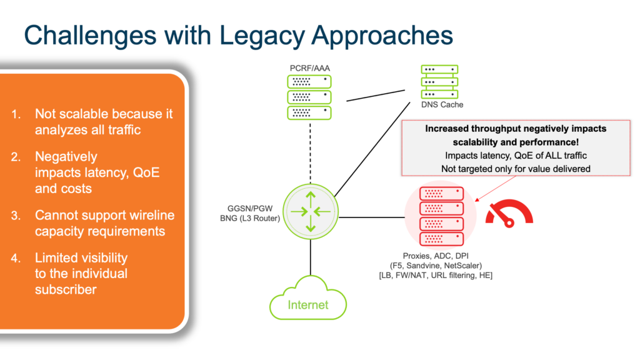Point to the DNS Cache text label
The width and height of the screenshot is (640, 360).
click(x=442, y=104)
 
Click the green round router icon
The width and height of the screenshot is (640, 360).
click(x=310, y=212)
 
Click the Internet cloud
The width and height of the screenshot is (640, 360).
click(x=307, y=304)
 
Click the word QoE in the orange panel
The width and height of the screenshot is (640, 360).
click(x=144, y=172)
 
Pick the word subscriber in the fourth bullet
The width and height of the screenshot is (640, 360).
click(x=66, y=289)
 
